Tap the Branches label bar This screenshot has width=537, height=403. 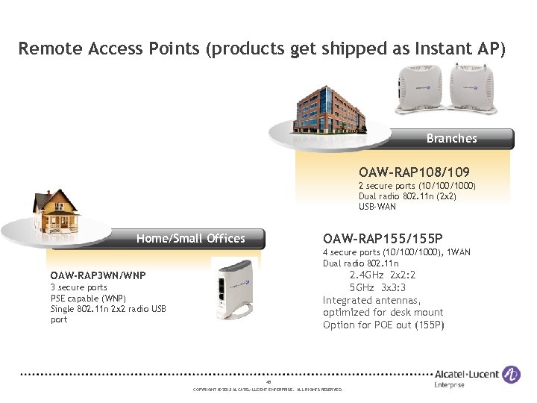pos(451,138)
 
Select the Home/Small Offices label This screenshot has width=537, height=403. pos(190,239)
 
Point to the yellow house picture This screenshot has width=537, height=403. pos(56,212)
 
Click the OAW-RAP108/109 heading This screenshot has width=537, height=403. pos(414,172)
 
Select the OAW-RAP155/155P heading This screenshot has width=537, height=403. pos(385,238)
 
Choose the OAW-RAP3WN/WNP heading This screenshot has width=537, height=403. pos(98,275)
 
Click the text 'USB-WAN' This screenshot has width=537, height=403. pos(377,207)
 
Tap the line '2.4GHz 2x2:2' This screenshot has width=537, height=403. pos(383,275)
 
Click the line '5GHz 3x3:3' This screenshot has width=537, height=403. pos(383,287)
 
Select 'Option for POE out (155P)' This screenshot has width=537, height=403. pos(383,325)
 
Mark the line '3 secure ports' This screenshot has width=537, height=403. pos(78,287)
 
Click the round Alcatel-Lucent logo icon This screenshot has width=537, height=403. pos(511,374)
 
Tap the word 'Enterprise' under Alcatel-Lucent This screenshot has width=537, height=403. pos(449,385)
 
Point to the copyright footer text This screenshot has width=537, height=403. pos(268,390)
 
